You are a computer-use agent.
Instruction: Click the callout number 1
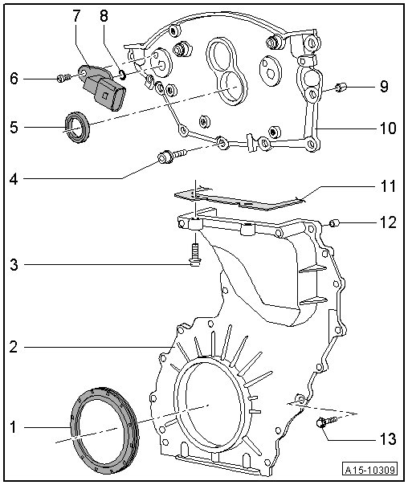pos(13,427)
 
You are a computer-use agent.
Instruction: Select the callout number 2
pos(14,347)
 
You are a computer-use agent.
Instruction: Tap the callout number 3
pos(14,265)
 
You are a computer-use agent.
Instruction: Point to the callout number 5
pos(14,127)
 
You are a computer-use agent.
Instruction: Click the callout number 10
pos(388,128)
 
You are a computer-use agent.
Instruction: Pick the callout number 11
pos(388,186)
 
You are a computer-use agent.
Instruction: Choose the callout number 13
pos(388,438)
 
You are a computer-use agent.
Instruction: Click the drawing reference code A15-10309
pos(370,470)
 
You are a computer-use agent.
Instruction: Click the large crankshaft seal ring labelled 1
pos(105,430)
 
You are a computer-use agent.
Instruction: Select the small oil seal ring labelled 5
pos(77,127)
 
